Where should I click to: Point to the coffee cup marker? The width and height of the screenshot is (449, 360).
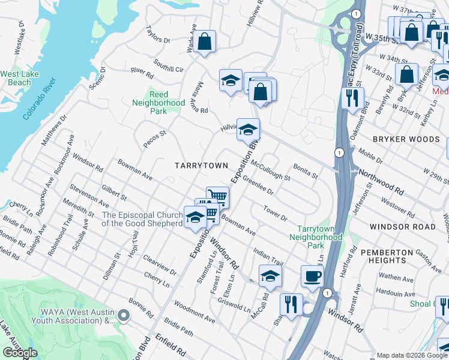(312, 277)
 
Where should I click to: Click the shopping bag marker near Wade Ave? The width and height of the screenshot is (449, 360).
(205, 42)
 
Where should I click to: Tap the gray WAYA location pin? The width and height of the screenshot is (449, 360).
(124, 315)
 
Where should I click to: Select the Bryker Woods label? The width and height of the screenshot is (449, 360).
(406, 139)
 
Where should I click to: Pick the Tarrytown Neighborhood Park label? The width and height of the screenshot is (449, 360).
(320, 237)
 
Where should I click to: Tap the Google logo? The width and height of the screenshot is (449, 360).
(20, 353)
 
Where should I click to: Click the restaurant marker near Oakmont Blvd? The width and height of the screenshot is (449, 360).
(352, 97)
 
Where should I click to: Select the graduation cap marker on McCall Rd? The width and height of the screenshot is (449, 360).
(270, 277)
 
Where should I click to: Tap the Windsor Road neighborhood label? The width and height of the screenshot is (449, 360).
(403, 227)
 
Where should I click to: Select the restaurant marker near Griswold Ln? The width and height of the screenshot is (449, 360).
(291, 304)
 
